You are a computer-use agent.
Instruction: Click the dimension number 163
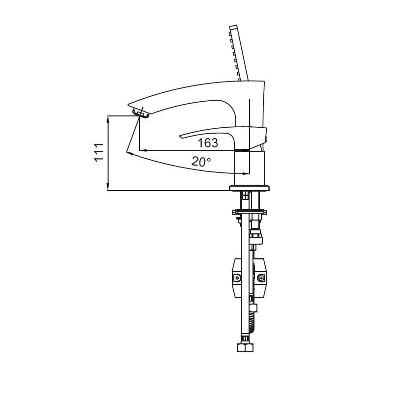(207, 143)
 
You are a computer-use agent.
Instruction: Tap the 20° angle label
(201, 161)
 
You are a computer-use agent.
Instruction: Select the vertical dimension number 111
(99, 152)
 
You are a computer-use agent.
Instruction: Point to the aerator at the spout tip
(141, 113)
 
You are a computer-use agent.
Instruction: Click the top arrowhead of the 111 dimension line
(108, 118)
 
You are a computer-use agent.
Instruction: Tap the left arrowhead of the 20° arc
(130, 154)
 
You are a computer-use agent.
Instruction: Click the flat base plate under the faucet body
(250, 188)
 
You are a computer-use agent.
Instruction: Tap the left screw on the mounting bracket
(237, 278)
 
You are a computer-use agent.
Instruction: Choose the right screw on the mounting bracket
(261, 278)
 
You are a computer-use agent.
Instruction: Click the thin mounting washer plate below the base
(250, 212)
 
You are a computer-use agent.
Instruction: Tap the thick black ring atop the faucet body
(241, 150)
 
